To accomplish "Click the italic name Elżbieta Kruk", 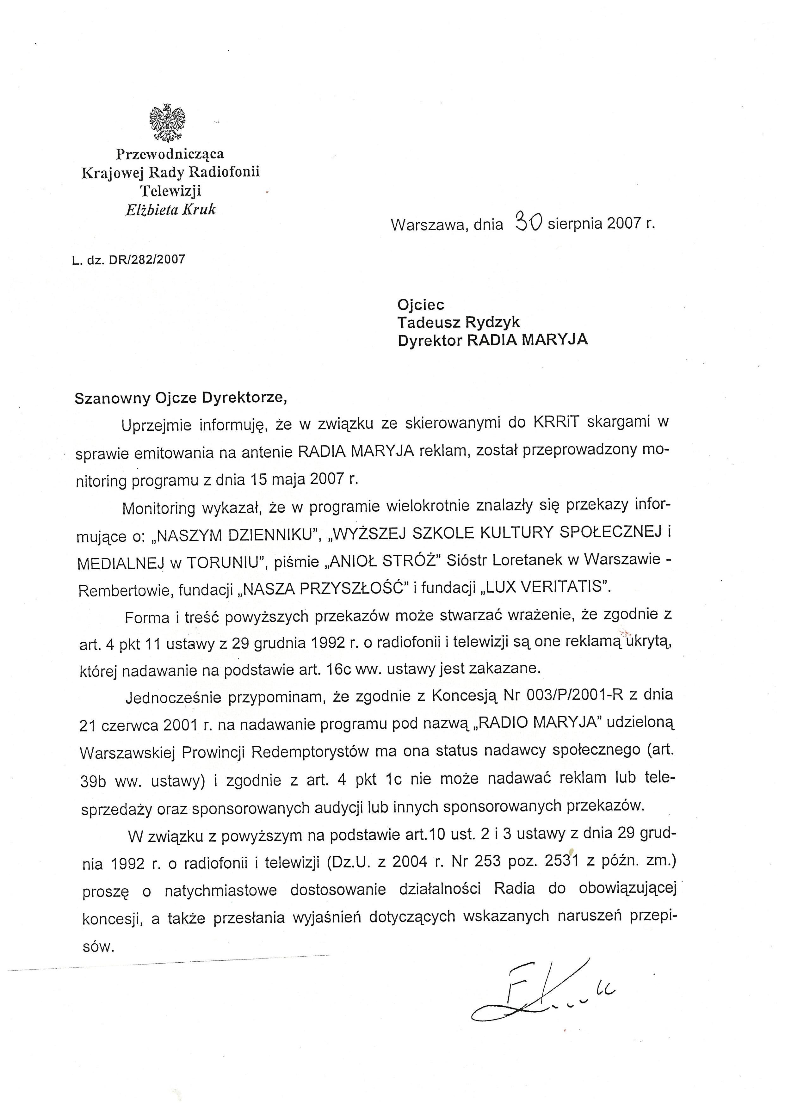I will pos(170,210).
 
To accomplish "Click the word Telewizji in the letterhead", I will pos(170,191).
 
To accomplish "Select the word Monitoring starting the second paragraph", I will pos(158,508).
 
